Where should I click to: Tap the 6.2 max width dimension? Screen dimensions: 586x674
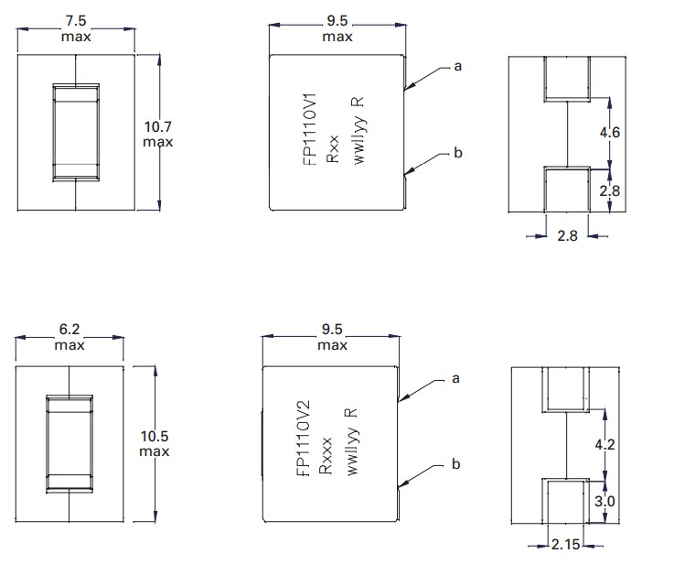(x=70, y=338)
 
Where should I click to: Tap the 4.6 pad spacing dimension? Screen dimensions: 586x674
(x=610, y=132)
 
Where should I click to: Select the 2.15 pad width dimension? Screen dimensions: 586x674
(x=566, y=546)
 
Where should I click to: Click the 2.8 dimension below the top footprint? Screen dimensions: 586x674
(x=567, y=236)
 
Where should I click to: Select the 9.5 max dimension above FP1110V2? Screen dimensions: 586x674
(x=331, y=338)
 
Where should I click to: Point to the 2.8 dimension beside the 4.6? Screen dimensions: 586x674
(x=610, y=190)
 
